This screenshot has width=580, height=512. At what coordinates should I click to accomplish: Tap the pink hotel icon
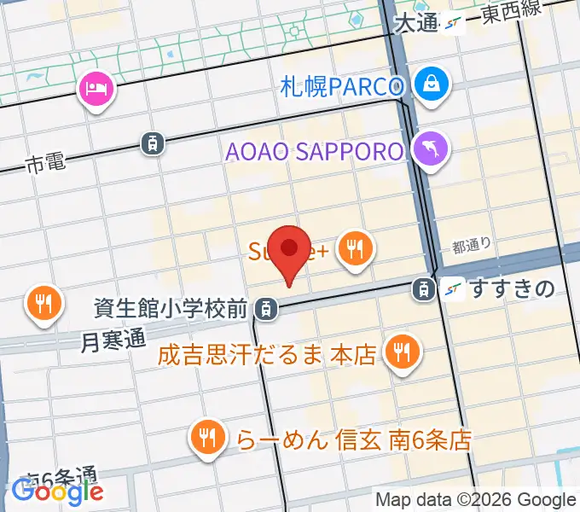(95, 88)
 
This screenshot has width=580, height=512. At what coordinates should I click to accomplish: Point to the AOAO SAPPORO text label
(314, 152)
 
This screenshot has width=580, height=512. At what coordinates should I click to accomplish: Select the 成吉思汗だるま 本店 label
(266, 354)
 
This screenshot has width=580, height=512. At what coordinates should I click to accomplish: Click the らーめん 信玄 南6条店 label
(351, 440)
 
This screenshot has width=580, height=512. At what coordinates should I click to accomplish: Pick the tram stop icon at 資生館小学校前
(267, 307)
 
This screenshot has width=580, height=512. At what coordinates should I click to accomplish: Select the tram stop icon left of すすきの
(423, 289)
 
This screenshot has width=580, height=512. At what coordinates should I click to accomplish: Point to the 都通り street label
(472, 247)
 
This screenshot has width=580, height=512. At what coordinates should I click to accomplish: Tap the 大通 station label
(416, 24)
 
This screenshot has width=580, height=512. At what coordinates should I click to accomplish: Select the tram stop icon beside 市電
(152, 143)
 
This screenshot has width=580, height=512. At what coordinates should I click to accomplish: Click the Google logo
(57, 491)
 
